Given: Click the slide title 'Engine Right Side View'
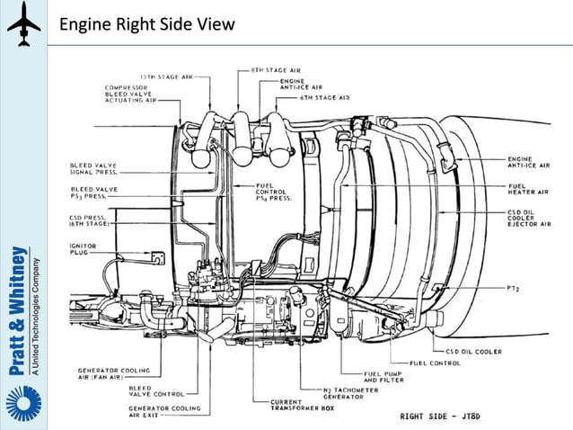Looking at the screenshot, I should point(146,24).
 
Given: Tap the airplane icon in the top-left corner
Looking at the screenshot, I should point(23,24).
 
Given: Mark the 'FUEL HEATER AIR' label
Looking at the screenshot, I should point(524,191).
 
